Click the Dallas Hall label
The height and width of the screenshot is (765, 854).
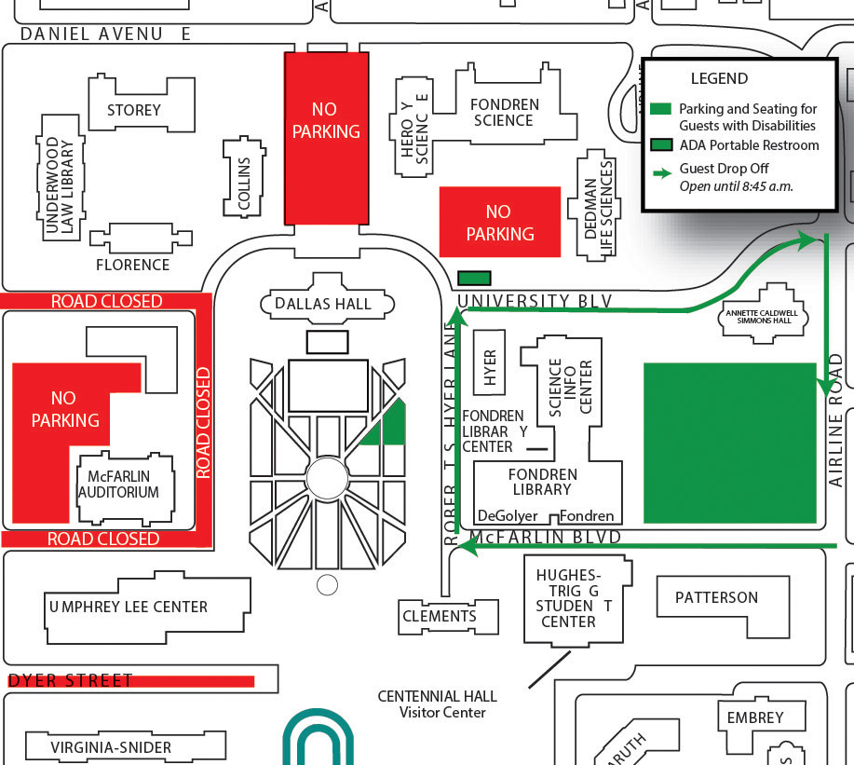323,304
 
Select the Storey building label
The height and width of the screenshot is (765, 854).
134,110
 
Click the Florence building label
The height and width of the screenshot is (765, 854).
133,265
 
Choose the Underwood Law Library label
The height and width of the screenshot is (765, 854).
60,185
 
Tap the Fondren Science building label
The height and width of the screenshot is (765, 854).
503,113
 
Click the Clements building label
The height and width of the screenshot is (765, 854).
440,616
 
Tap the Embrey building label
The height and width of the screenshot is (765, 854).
755,717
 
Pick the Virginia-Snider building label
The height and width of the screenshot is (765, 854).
111,747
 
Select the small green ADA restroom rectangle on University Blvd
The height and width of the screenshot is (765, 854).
475,278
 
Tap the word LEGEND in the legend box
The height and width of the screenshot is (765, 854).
719,79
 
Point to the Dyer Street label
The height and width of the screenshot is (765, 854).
70,681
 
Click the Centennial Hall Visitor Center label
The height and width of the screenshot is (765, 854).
437,704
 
